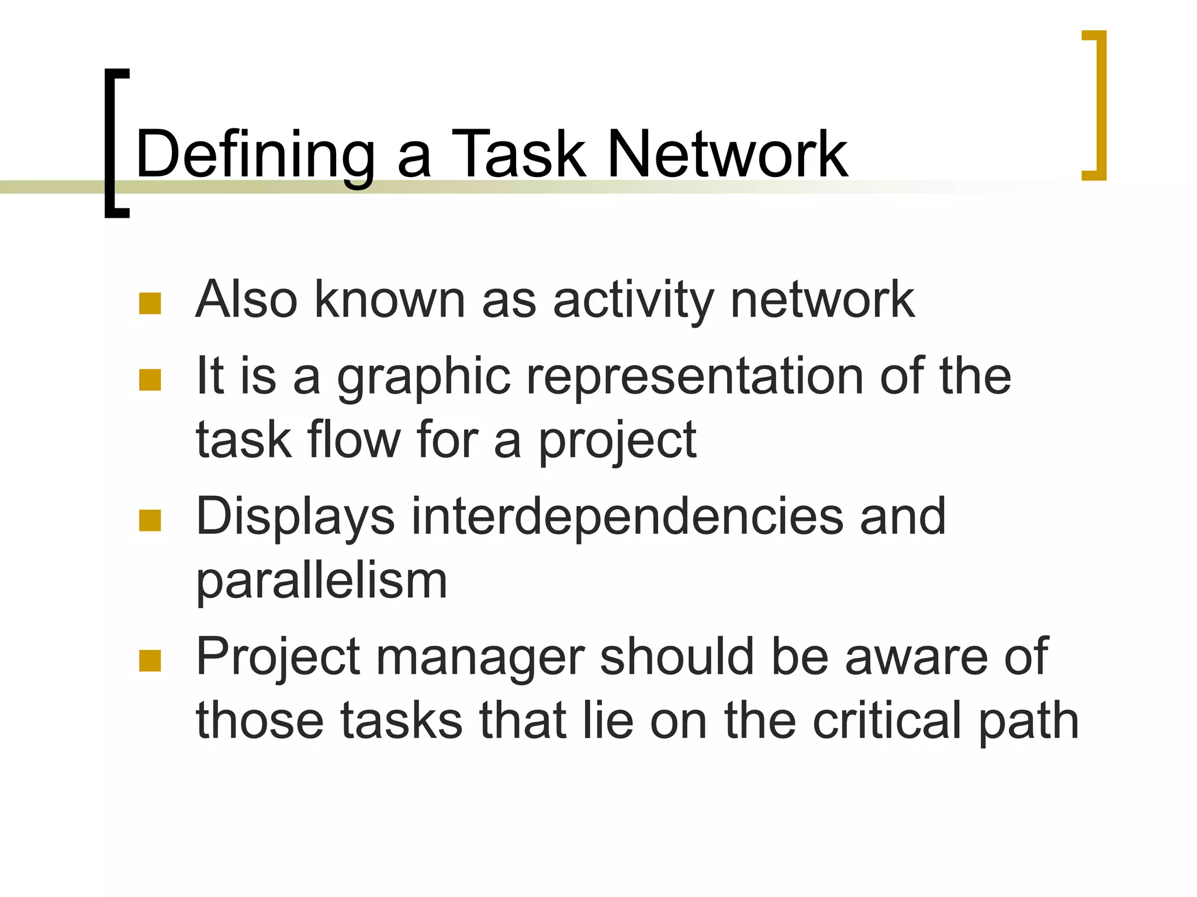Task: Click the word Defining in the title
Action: tap(255, 155)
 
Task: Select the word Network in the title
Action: tap(727, 154)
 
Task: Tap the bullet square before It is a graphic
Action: tap(150, 380)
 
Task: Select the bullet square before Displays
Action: tap(150, 520)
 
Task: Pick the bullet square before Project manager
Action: tap(150, 661)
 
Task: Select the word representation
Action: tap(695, 377)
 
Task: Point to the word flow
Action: tap(354, 439)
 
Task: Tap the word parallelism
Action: tap(321, 582)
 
